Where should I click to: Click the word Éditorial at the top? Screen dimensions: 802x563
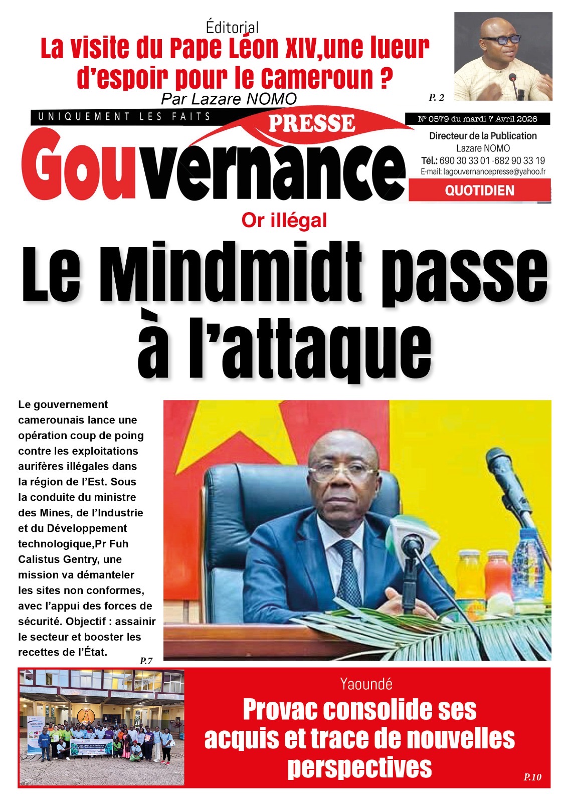(x=232, y=27)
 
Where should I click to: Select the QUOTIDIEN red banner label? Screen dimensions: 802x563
(x=479, y=190)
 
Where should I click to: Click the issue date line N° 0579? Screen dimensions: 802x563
(x=477, y=119)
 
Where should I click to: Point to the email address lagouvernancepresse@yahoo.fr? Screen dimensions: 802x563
(x=483, y=171)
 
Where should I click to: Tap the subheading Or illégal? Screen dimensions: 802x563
(x=284, y=220)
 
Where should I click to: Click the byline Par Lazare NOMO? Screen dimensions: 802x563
(x=229, y=99)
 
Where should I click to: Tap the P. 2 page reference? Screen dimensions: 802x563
(x=436, y=97)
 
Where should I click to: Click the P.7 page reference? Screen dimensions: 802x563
(x=146, y=661)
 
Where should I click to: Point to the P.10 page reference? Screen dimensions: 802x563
(x=532, y=777)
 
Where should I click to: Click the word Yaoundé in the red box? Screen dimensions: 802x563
(x=366, y=684)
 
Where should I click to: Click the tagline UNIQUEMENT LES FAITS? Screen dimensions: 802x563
(x=124, y=117)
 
